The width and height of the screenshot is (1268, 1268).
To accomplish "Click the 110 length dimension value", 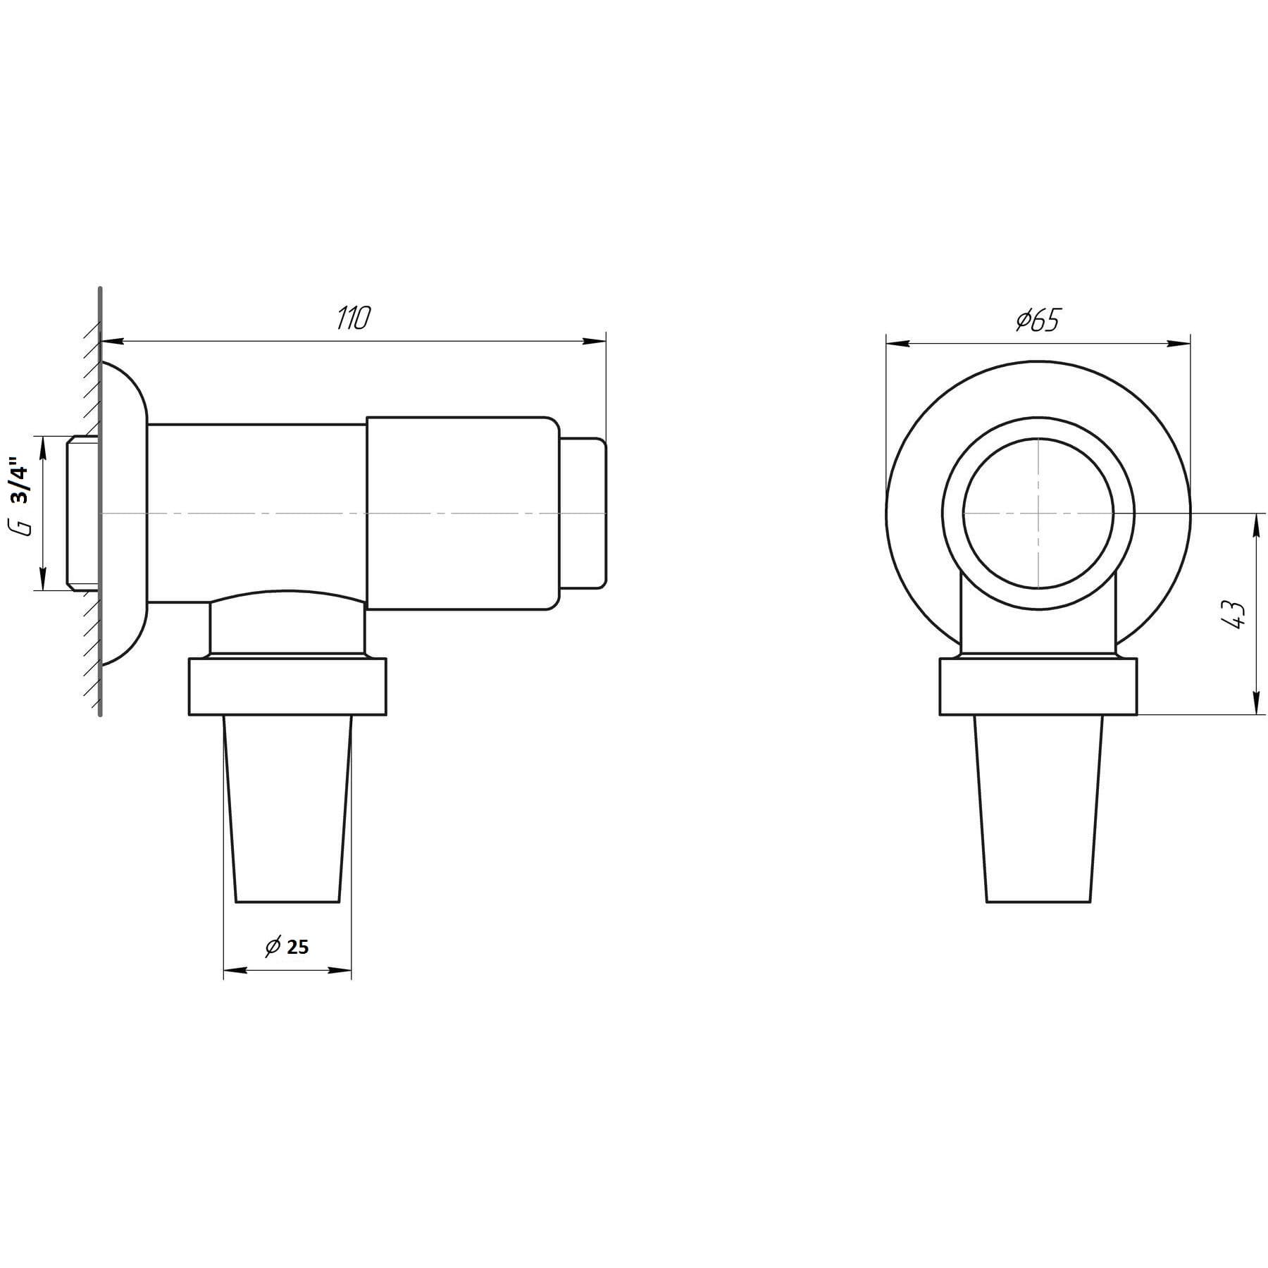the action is coord(352,319).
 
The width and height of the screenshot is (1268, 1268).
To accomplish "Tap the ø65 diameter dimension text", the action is coord(1038,321).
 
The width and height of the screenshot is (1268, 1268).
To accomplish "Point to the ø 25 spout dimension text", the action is coord(287,946).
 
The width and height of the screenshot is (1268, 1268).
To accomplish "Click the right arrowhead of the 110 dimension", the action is coord(595,342).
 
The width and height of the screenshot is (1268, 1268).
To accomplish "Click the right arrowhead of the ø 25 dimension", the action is coord(340,970).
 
